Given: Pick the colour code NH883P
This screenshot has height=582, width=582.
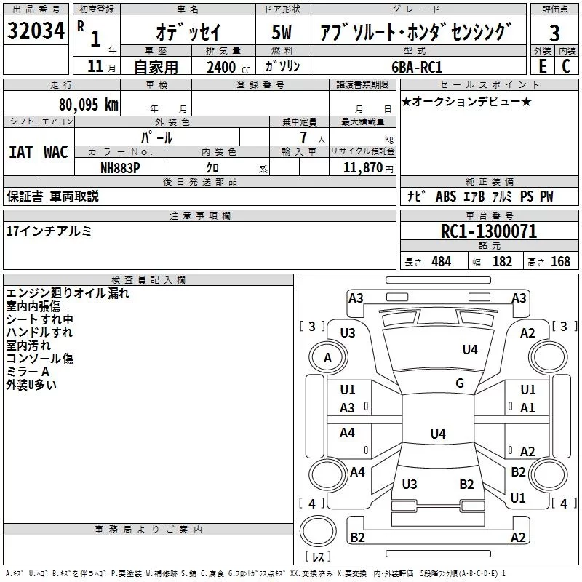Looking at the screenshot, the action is (121, 167).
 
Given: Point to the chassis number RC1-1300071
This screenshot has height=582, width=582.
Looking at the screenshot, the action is (488, 232).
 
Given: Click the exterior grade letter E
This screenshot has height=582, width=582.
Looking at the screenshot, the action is (542, 66).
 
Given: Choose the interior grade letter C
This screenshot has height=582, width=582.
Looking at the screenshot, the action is (566, 66).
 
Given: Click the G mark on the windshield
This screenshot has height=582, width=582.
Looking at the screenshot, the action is (460, 383).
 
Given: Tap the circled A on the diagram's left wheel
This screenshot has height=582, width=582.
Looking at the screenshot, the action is (327, 358).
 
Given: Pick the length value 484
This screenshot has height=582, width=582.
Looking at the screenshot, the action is (441, 262).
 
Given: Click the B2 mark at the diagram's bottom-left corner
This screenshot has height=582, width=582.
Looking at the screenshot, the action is (357, 538).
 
